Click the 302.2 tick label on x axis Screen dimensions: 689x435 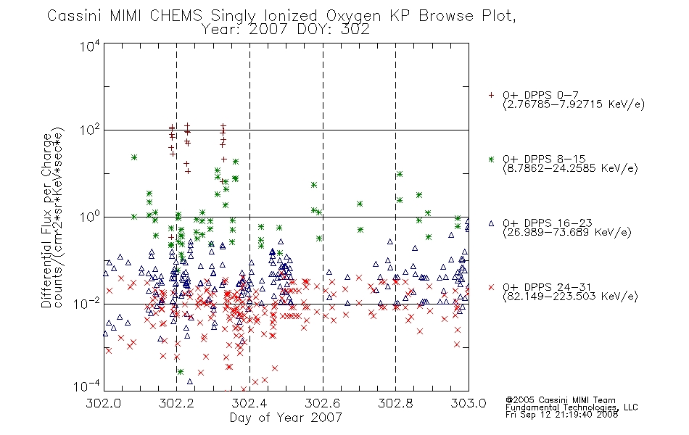tap(176, 403)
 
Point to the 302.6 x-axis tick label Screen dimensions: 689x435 tap(323, 403)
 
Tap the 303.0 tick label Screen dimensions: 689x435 tap(469, 403)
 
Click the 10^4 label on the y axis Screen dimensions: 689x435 tap(90, 46)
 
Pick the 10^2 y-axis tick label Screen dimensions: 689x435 tap(90, 130)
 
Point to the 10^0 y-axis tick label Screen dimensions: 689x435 tap(90, 217)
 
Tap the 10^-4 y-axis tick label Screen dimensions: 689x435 tap(87, 386)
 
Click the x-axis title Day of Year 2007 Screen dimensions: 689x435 tap(286, 418)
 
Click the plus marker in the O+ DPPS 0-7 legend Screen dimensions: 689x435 tap(491, 95)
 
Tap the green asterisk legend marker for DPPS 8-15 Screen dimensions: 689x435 tap(491, 159)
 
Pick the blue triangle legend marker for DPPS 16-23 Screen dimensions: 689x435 tap(491, 223)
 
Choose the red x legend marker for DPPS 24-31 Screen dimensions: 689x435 tap(491, 287)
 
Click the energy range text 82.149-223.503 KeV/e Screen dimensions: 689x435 tap(570, 296)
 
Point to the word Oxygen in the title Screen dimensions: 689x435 tap(353, 16)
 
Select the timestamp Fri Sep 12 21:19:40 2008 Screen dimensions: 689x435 tap(561, 414)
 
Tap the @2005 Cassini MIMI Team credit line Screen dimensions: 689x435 tap(561, 400)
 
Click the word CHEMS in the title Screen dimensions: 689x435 tap(176, 16)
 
